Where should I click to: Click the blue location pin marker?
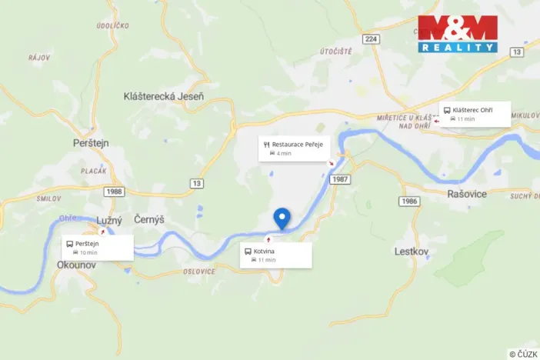tap(282, 218)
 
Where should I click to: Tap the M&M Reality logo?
tap(458, 34)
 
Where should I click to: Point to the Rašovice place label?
tap(467, 194)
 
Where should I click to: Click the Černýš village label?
tap(149, 220)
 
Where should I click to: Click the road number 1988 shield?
tap(115, 191)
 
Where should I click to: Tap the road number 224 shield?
tap(372, 38)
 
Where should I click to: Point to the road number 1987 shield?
tap(340, 179)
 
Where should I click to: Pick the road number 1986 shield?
tap(409, 201)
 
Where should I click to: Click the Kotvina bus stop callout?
tap(277, 255)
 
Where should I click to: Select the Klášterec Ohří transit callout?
tap(475, 114)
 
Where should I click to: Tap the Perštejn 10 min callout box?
tap(98, 248)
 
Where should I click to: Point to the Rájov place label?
tap(38, 56)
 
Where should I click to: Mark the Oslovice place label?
tap(199, 270)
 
